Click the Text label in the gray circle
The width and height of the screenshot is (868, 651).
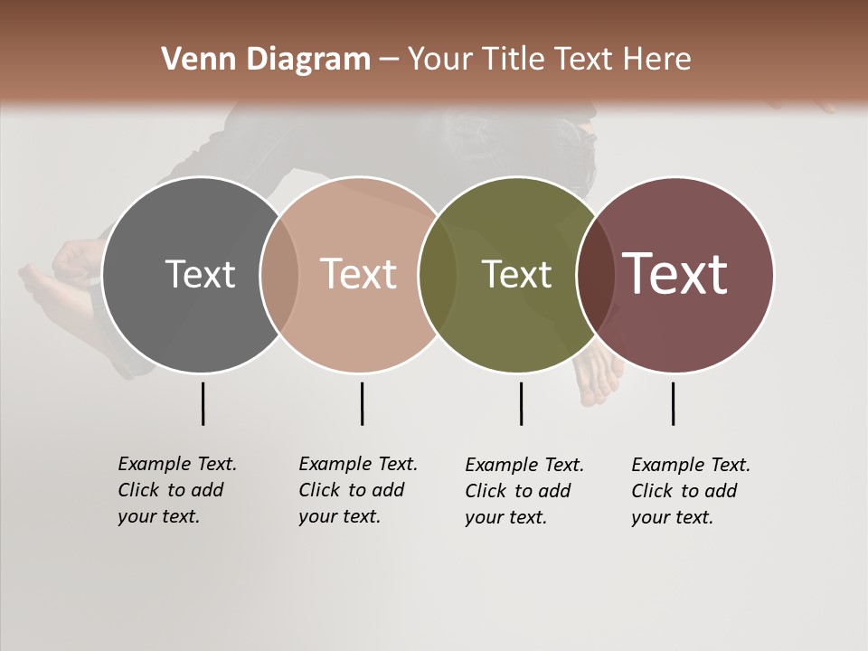click(200, 274)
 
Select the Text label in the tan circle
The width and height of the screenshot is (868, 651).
click(359, 274)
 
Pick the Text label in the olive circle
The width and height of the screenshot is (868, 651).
click(516, 274)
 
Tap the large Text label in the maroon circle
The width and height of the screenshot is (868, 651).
click(675, 274)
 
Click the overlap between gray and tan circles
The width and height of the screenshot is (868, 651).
click(279, 274)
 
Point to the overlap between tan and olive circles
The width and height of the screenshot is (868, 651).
click(437, 274)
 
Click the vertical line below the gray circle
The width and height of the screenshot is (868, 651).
click(203, 403)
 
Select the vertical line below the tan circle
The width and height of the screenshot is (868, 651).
click(362, 403)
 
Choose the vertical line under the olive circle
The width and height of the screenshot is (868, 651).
click(521, 403)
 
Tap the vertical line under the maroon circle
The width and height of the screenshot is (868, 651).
click(673, 403)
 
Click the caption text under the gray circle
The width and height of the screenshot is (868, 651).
click(176, 490)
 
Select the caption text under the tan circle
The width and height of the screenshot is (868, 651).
click(357, 490)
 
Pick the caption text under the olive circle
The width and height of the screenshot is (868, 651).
click(524, 491)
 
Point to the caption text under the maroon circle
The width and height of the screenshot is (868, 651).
click(690, 491)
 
